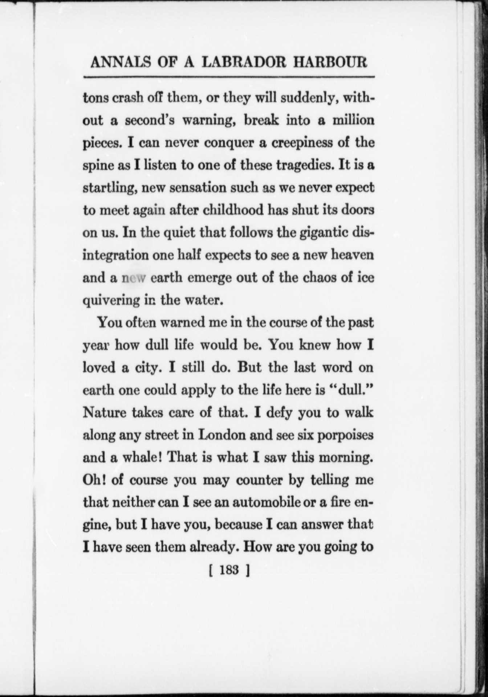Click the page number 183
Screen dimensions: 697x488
(228, 570)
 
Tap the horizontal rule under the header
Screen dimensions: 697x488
(229, 77)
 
